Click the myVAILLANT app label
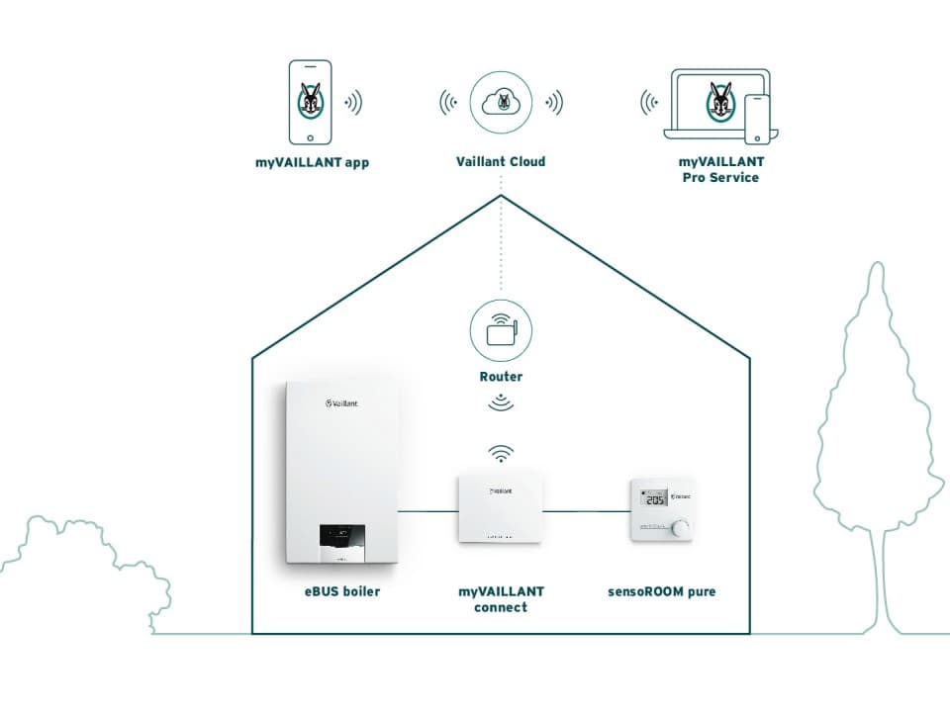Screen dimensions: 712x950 (x=311, y=162)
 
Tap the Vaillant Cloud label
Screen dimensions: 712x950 (x=501, y=161)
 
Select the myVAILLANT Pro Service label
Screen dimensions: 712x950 (x=719, y=169)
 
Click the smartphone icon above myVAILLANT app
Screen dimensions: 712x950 (x=311, y=102)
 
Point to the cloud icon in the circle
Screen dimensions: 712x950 (x=501, y=102)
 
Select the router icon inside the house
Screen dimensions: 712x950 (x=502, y=329)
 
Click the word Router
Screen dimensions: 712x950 (x=501, y=377)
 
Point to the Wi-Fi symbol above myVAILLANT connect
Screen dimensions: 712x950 (x=502, y=453)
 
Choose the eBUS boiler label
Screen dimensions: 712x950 (x=341, y=592)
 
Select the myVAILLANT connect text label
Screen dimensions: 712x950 (x=501, y=599)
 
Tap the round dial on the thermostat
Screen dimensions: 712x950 (x=682, y=528)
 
